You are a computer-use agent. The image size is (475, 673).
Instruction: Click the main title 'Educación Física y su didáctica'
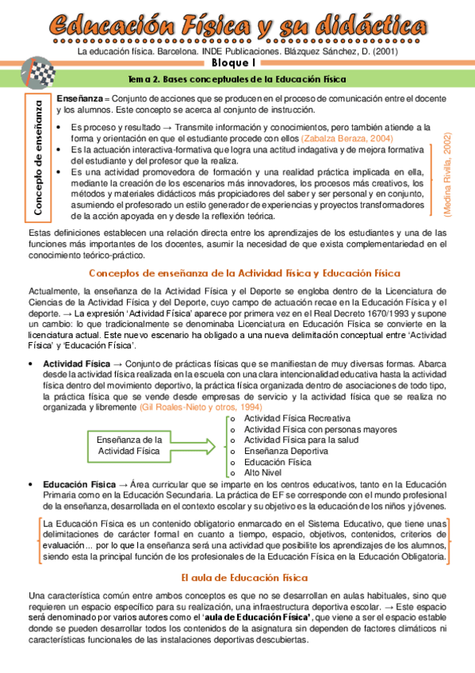237,24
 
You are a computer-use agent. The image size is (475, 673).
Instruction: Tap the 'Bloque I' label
237,63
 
